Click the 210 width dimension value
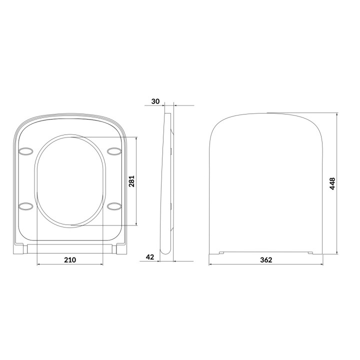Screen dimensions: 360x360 70,259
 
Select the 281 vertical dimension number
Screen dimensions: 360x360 132,180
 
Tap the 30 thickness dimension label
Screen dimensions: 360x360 155,101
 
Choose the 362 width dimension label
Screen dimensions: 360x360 266,260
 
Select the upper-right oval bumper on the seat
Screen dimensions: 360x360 114,151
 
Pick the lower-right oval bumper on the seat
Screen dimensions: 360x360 114,205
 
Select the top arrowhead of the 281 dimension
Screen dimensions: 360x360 136,138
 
